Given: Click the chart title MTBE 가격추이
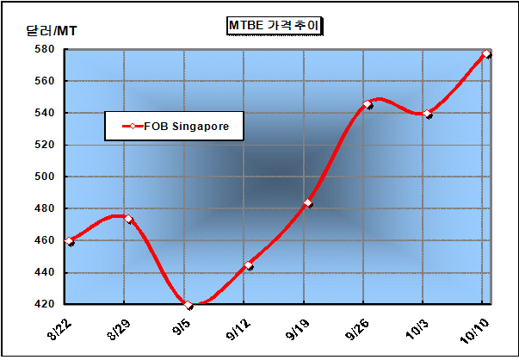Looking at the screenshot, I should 274,26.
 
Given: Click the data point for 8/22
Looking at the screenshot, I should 69,241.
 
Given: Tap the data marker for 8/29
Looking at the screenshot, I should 128,219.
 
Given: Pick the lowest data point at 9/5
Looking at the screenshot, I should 188,305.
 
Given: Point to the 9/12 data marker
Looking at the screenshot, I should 248,265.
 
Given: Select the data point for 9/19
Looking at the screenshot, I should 308,203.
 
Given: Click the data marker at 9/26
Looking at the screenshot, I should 368,104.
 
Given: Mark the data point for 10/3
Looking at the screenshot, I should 428,114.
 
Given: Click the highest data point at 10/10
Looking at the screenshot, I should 487,53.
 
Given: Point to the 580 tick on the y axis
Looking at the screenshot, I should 44,49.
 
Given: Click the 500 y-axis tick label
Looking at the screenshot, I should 44,177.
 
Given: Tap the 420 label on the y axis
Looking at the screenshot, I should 44,304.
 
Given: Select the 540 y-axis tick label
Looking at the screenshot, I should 44,113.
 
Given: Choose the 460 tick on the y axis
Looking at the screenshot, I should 44,240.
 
